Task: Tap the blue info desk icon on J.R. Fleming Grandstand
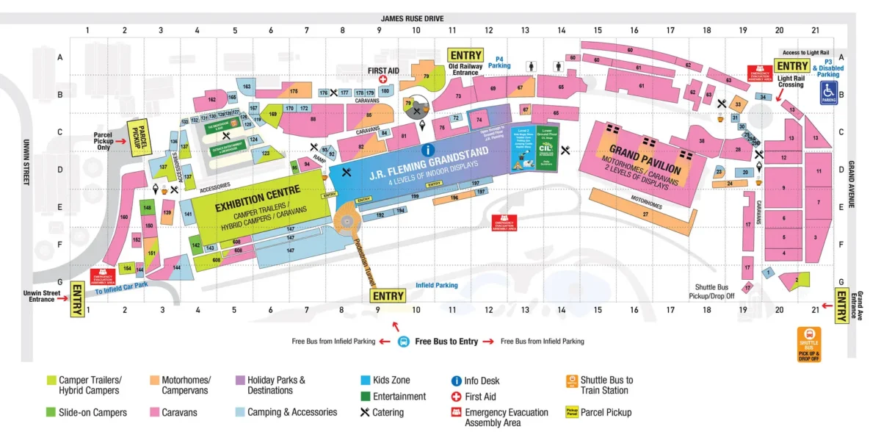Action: pos(427,150)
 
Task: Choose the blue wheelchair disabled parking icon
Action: pos(828,93)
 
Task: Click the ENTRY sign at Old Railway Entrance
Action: pos(466,55)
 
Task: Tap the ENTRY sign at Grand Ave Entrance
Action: pos(842,305)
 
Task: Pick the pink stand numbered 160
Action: pos(123,217)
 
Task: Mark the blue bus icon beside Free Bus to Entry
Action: pos(403,342)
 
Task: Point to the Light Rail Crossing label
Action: pos(791,81)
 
